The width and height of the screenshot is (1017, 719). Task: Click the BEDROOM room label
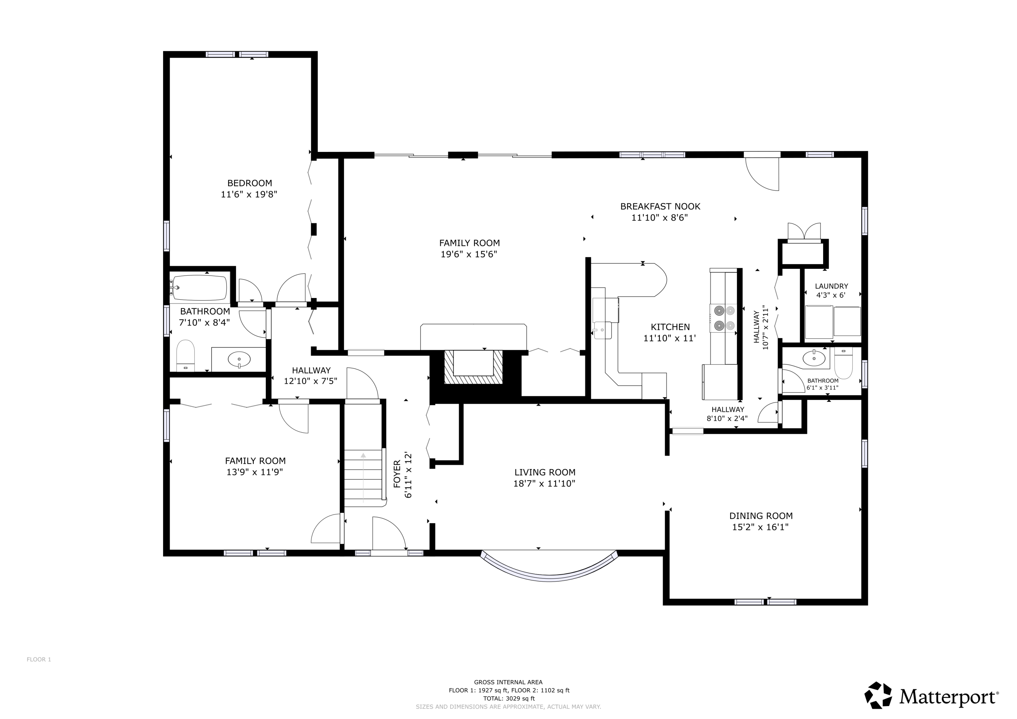(250, 183)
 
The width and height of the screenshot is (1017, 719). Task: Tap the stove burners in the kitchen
(724, 318)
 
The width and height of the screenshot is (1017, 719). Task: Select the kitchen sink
(602, 329)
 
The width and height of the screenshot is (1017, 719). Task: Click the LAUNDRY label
(832, 286)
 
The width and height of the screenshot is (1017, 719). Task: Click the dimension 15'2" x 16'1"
(760, 527)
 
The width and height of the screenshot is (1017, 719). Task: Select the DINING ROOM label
(760, 516)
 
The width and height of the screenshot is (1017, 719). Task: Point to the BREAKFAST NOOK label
(660, 206)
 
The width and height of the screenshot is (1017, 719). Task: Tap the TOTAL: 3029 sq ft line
(509, 699)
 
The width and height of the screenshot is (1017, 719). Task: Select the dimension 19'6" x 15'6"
(469, 254)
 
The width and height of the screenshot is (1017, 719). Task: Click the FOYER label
(397, 475)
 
